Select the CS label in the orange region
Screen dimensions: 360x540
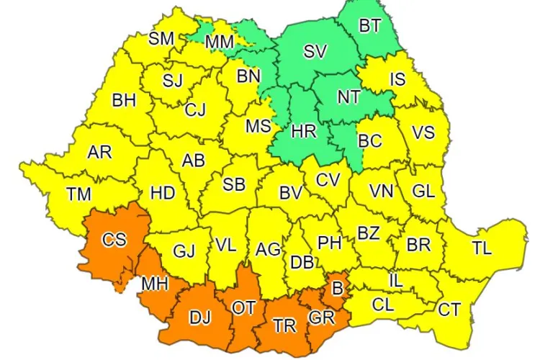click(x=114, y=240)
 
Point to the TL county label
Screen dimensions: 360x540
click(x=482, y=248)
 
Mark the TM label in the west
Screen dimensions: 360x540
click(x=78, y=194)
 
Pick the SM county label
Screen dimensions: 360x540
click(x=162, y=38)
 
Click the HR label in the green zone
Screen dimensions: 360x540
click(x=303, y=132)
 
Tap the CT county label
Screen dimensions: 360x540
click(x=449, y=310)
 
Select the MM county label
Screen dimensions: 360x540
click(x=219, y=42)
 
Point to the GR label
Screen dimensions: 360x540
click(x=321, y=317)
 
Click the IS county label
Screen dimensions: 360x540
click(x=398, y=79)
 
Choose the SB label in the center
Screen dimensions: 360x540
click(x=233, y=184)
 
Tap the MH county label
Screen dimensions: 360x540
click(x=154, y=283)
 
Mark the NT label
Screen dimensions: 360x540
click(x=348, y=96)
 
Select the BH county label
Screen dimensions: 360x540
click(x=124, y=100)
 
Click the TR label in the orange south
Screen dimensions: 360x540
click(x=285, y=325)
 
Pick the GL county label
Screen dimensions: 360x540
click(x=423, y=191)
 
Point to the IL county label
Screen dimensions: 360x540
click(x=395, y=279)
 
